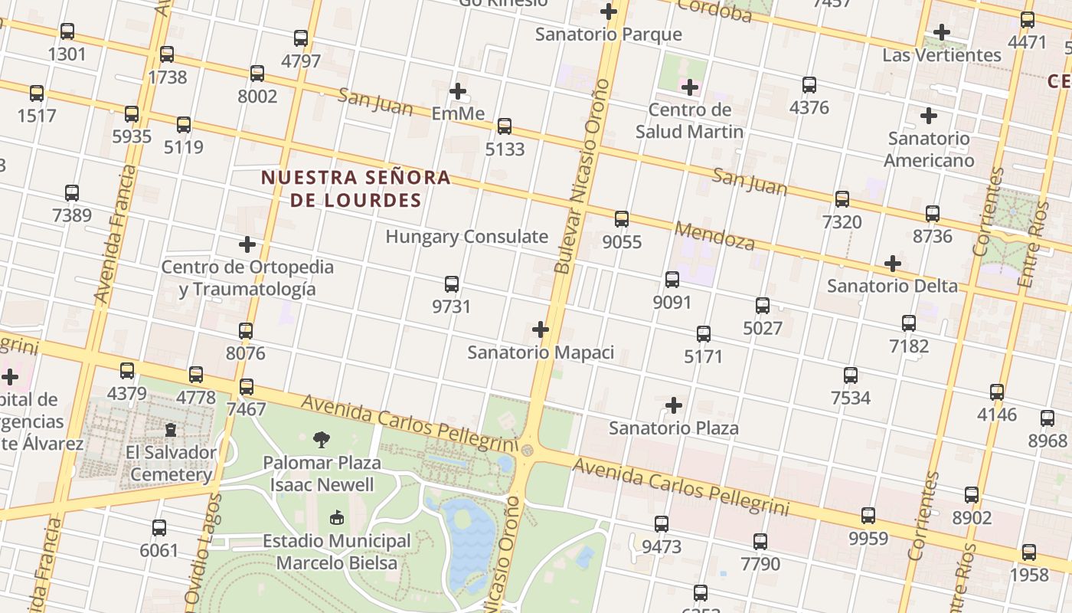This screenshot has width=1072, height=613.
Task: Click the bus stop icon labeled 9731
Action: (x=452, y=284)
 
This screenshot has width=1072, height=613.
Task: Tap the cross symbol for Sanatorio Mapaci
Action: (x=541, y=329)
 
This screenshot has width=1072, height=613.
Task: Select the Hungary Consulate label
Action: (x=466, y=236)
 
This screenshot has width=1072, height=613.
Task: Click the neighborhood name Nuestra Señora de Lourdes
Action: (x=355, y=188)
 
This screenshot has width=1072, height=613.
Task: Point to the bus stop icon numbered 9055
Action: (x=622, y=219)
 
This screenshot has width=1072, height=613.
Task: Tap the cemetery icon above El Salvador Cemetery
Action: (x=171, y=430)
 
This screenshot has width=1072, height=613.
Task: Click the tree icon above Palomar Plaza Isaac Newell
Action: (x=322, y=440)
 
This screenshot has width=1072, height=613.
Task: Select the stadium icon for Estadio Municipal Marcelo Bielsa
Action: (x=336, y=519)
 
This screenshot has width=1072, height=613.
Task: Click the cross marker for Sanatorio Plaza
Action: (x=674, y=405)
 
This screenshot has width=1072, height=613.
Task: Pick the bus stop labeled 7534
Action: (x=851, y=375)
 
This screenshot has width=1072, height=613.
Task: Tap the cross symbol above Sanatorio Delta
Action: (x=892, y=264)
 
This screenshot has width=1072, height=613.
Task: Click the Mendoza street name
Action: (x=715, y=236)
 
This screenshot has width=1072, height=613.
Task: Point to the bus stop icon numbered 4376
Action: (x=809, y=85)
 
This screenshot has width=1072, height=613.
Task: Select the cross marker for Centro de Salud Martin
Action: (x=689, y=87)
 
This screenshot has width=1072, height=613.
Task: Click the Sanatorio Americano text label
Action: (x=929, y=149)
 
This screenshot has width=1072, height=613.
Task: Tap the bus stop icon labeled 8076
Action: (x=246, y=331)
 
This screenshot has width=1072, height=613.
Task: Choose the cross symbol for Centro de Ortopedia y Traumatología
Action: (x=247, y=244)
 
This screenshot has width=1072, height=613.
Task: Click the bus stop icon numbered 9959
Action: (x=868, y=516)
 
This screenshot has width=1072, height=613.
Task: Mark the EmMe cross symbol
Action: (x=458, y=91)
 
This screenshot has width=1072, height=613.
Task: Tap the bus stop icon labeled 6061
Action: (x=159, y=528)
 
